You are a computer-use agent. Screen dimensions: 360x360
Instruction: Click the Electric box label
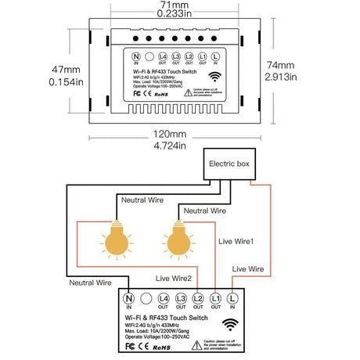[231, 165]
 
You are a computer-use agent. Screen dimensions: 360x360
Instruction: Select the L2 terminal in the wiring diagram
[198, 298]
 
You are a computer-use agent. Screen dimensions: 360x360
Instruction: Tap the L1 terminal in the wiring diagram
[215, 298]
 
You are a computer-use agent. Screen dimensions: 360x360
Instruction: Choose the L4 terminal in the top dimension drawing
[164, 57]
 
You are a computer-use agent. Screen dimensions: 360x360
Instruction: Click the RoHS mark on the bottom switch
[161, 345]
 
